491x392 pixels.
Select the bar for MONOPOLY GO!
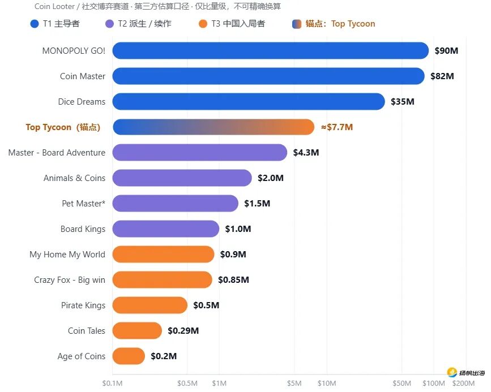(271, 51)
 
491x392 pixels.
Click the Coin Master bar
(268, 76)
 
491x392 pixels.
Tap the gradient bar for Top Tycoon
(214, 127)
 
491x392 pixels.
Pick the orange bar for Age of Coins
(129, 356)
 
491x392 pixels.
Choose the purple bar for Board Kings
(166, 229)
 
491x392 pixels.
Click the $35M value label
(403, 102)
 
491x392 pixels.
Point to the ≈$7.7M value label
(337, 127)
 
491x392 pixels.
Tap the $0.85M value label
(233, 279)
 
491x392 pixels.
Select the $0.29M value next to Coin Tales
(183, 331)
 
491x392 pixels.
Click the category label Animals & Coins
(75, 178)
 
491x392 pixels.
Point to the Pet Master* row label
(84, 203)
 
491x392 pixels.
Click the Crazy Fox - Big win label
(70, 279)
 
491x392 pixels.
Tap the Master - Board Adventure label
(57, 152)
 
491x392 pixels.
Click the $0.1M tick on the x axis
(113, 384)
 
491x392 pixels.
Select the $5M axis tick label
(294, 384)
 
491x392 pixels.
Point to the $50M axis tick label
(402, 384)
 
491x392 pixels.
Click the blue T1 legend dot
(35, 24)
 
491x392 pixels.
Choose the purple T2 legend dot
(109, 24)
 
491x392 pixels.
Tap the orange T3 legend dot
(203, 24)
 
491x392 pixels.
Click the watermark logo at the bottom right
(466, 372)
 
